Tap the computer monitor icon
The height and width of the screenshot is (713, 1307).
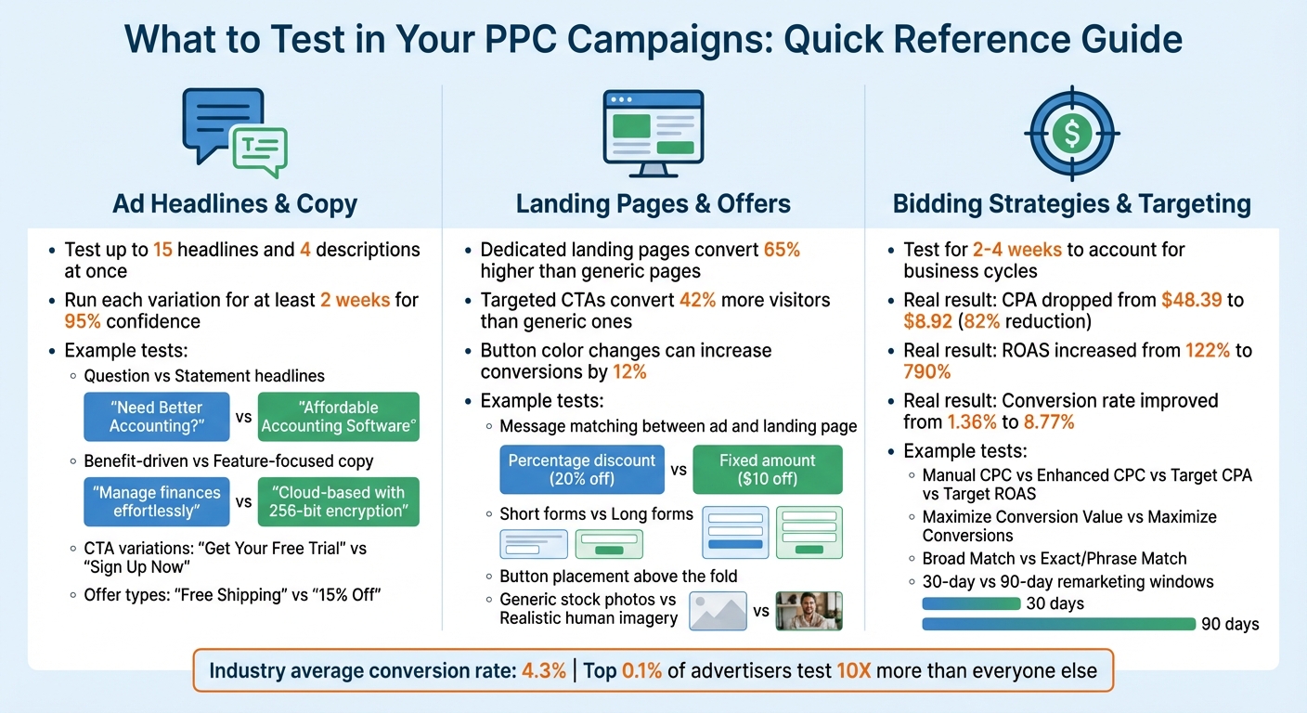point(653,133)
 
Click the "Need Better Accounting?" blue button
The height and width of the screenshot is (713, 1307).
point(156,417)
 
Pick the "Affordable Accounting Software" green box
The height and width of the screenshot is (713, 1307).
point(338,417)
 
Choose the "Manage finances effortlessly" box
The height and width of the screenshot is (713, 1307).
point(156,502)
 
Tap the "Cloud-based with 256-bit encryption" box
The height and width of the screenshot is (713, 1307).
point(338,502)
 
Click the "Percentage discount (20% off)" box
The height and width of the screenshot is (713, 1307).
point(582,470)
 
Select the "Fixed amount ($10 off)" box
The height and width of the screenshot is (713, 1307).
point(768,470)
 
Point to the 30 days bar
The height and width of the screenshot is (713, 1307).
point(971,603)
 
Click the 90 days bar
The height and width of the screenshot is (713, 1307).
point(1058,624)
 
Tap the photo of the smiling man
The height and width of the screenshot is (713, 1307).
point(809,612)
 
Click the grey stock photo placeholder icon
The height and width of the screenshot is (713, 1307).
point(719,612)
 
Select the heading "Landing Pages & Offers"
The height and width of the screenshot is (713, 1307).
point(653,203)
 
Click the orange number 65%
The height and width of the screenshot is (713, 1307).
point(782,250)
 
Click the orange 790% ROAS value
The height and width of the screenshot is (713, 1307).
point(927,372)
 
